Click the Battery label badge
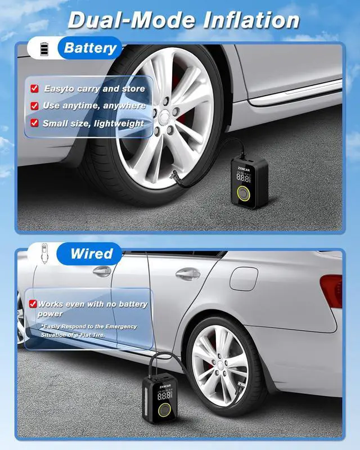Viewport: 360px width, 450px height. coord(90,48)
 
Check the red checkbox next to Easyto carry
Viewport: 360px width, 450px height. coord(34,88)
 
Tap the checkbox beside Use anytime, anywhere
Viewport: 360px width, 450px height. coord(34,106)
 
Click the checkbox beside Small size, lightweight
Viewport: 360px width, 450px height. coord(34,123)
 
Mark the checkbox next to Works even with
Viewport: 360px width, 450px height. coord(33,304)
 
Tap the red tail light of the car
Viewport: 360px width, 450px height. coord(331,290)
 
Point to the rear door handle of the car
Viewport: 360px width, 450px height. coord(188,274)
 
